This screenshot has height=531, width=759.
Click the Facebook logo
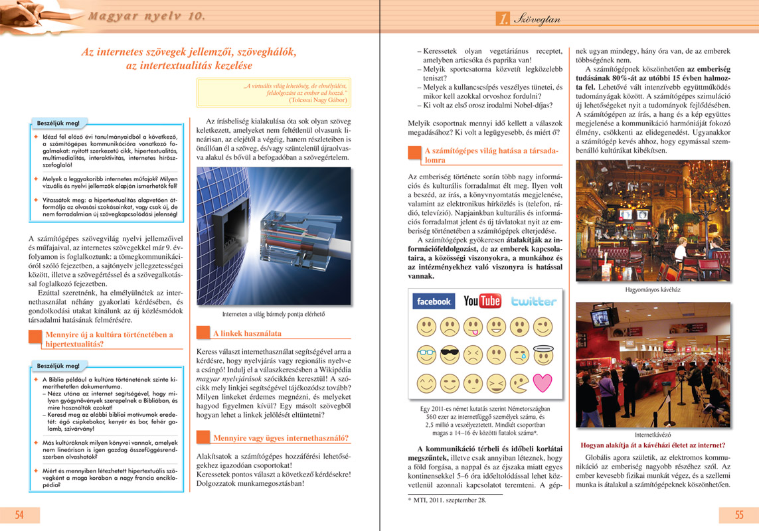coord(434,301)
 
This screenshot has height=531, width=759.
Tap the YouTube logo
coord(482,301)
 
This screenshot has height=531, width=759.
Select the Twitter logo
coord(534,301)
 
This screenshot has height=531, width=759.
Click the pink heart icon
coord(543,383)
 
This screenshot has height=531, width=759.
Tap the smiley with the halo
coord(543,354)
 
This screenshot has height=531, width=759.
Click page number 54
coord(20,514)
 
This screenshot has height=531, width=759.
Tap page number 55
coord(738,514)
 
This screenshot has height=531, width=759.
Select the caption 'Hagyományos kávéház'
coord(653,290)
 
